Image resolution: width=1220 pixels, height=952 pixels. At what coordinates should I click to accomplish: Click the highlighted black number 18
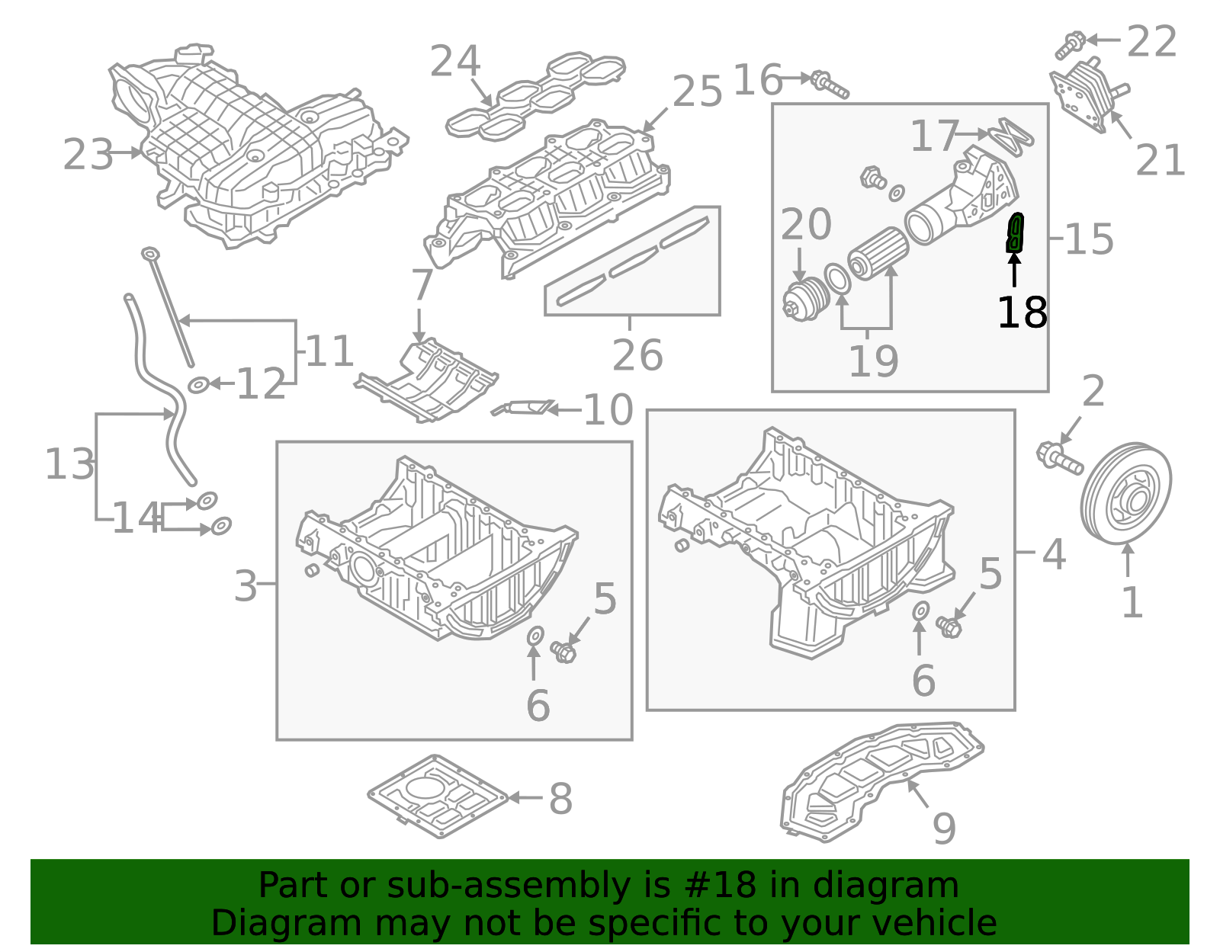(1022, 313)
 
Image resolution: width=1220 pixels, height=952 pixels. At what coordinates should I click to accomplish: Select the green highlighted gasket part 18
(1015, 233)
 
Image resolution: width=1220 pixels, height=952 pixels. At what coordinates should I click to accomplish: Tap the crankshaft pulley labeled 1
(1125, 494)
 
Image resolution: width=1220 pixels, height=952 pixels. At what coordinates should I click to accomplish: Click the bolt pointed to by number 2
(1059, 458)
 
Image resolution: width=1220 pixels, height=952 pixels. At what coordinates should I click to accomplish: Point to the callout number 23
(88, 155)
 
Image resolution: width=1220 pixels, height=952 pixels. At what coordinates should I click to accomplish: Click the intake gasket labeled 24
(534, 95)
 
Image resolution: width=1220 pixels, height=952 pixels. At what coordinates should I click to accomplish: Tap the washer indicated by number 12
(198, 385)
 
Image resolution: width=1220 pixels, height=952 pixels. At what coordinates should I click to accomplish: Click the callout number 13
(69, 464)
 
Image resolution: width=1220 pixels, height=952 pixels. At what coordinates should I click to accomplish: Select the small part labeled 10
(523, 409)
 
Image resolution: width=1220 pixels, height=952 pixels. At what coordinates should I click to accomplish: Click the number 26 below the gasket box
(637, 355)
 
